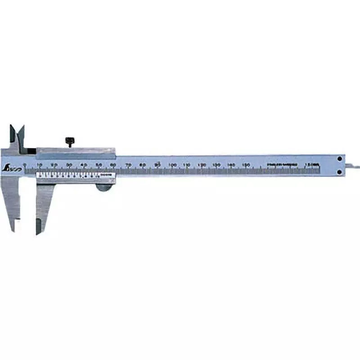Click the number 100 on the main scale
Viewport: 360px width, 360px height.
(x=172, y=166)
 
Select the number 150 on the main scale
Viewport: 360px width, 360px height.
(x=246, y=166)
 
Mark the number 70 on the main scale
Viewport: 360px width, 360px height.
(x=128, y=166)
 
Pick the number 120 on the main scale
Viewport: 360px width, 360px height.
(x=202, y=166)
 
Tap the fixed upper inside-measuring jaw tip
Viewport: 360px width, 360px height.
(x=12, y=132)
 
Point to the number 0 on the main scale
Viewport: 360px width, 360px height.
(x=25, y=165)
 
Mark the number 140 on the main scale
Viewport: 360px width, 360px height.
(x=231, y=166)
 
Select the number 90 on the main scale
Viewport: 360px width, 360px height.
(x=157, y=165)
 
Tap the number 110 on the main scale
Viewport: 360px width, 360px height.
(x=187, y=166)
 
